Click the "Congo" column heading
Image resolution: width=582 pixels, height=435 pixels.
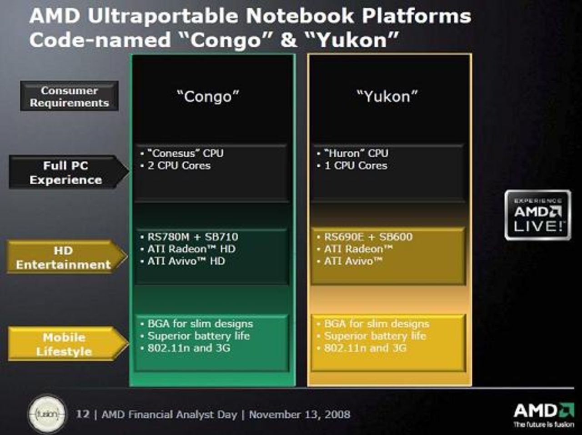tap(208, 96)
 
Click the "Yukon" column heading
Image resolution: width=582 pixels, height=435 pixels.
tap(387, 96)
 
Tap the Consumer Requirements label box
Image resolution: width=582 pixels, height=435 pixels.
tap(69, 96)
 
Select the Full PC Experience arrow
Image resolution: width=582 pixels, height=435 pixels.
tap(66, 173)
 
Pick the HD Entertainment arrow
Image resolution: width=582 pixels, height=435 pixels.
tap(64, 257)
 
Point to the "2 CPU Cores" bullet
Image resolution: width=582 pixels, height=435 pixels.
tap(179, 165)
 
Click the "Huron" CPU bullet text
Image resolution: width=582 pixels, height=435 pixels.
tap(356, 153)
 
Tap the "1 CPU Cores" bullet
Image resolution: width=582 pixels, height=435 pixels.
tap(356, 165)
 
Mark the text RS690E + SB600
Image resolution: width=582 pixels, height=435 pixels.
tap(368, 237)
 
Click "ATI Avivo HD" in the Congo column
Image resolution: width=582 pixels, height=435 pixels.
tap(186, 261)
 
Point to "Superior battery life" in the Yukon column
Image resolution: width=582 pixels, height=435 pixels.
tap(375, 336)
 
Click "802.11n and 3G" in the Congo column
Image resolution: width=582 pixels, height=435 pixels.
tap(189, 348)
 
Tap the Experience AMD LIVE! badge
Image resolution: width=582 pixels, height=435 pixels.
tap(537, 215)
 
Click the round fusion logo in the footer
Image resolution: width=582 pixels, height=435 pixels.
tap(47, 414)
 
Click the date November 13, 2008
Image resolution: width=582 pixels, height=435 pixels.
tap(300, 415)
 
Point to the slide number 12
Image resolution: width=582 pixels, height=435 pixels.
tap(83, 414)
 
